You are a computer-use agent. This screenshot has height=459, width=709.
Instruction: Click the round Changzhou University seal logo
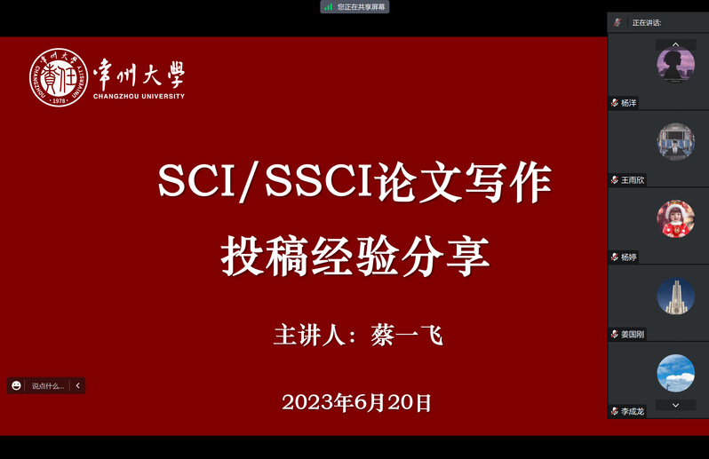[59, 78]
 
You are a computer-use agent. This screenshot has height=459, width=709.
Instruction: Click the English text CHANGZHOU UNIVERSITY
[139, 96]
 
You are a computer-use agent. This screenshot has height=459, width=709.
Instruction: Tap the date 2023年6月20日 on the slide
[357, 402]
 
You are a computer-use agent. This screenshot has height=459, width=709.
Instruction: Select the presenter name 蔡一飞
[407, 336]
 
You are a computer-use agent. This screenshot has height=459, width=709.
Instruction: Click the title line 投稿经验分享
[355, 257]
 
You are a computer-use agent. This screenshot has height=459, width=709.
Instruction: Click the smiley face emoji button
[16, 385]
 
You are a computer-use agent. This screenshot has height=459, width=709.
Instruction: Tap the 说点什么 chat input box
[48, 386]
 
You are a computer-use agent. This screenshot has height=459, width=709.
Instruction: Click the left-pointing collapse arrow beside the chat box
[78, 385]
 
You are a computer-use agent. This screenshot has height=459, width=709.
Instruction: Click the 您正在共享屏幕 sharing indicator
[355, 7]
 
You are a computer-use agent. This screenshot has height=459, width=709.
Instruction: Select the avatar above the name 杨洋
[675, 65]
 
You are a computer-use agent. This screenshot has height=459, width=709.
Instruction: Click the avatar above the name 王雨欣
[675, 141]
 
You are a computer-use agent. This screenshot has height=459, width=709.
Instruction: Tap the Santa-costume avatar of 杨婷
[675, 218]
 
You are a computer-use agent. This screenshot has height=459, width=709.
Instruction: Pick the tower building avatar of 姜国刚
[675, 296]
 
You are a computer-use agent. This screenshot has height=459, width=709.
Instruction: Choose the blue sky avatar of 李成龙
[675, 373]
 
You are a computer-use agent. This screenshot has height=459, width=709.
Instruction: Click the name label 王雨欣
[633, 180]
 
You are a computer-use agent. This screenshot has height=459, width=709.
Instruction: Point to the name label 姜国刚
[633, 335]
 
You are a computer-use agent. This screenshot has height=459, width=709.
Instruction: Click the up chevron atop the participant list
[675, 44]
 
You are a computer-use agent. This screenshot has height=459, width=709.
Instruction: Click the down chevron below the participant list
[675, 405]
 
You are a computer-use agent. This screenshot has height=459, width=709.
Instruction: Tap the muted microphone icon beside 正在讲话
[617, 22]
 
